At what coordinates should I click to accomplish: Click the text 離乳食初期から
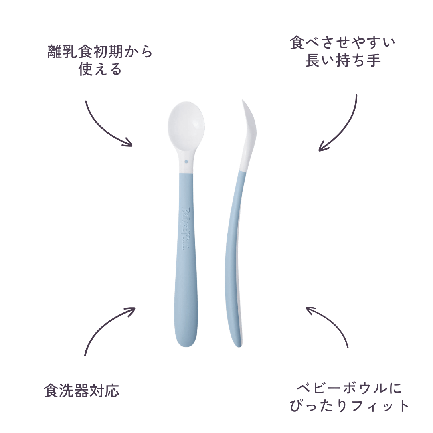tap(100, 51)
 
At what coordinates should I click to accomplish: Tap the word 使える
tap(100, 69)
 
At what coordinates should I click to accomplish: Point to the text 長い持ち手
tap(343, 60)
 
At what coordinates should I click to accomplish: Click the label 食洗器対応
tap(81, 391)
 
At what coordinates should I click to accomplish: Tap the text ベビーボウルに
tap(349, 388)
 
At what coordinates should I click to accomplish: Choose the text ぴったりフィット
tap(349, 405)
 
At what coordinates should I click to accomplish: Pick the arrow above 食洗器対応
tap(103, 323)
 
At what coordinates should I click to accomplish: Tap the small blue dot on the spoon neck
tap(186, 162)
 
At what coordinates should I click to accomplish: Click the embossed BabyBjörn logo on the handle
tap(186, 229)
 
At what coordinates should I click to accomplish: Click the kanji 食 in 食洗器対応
tap(51, 391)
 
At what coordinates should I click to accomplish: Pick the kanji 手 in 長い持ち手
tap(374, 60)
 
